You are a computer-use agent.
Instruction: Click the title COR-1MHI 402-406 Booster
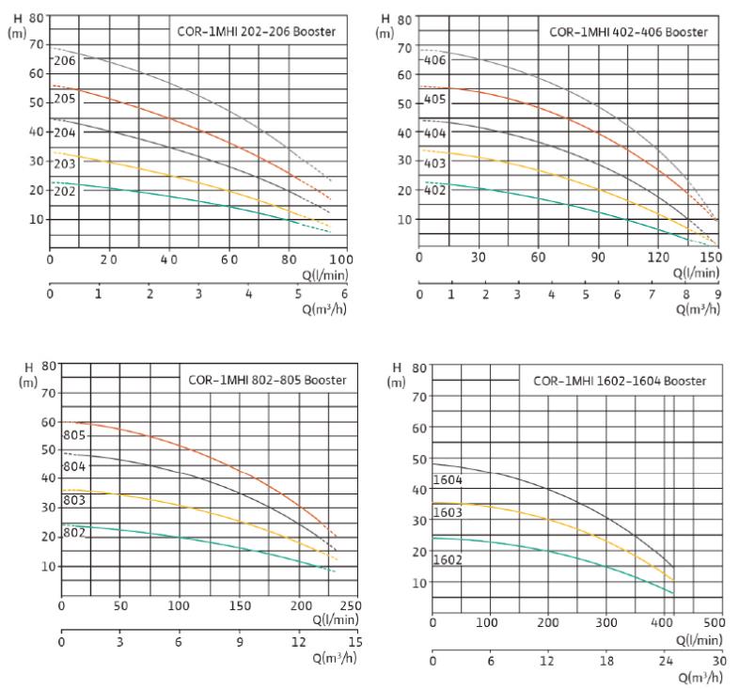point(628,33)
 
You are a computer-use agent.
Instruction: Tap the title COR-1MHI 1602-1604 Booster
point(620,381)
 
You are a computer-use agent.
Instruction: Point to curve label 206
point(65,60)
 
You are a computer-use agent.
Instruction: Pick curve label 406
point(434,61)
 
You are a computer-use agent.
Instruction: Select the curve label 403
point(434,162)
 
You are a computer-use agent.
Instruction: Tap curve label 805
point(74,435)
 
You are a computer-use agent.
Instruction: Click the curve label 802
point(74,534)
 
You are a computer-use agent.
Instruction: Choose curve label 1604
point(447,480)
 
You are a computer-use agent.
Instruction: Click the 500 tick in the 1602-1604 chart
point(715,621)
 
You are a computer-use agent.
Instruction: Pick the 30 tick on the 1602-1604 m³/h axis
point(719,660)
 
